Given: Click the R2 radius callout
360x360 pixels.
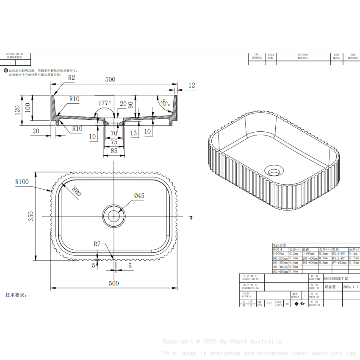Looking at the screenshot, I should pos(71,78).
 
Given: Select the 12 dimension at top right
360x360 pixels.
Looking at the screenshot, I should pos(192,85).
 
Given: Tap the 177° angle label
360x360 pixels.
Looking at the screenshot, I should pos(105,103).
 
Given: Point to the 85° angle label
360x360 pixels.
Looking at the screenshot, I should pos(165,103).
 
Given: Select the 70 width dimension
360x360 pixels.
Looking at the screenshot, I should pos(114,133).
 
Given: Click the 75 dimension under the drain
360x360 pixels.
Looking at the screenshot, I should pos(114,142).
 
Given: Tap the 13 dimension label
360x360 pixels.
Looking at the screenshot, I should pos(134,133).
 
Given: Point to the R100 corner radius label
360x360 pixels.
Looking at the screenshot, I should pos(22,182).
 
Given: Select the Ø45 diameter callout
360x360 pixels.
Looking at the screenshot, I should pos(139,196).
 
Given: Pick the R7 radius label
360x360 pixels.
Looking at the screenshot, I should pos(97,244).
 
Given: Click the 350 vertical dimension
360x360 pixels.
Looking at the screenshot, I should pos(31,216).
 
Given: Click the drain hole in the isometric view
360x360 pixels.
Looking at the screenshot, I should pos(273,171).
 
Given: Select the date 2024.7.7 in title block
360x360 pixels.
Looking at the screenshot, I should pos(350,287).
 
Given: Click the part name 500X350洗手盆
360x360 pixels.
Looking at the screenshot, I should pos(336,278).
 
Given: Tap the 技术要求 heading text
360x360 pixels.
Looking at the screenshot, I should pos(16,294).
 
